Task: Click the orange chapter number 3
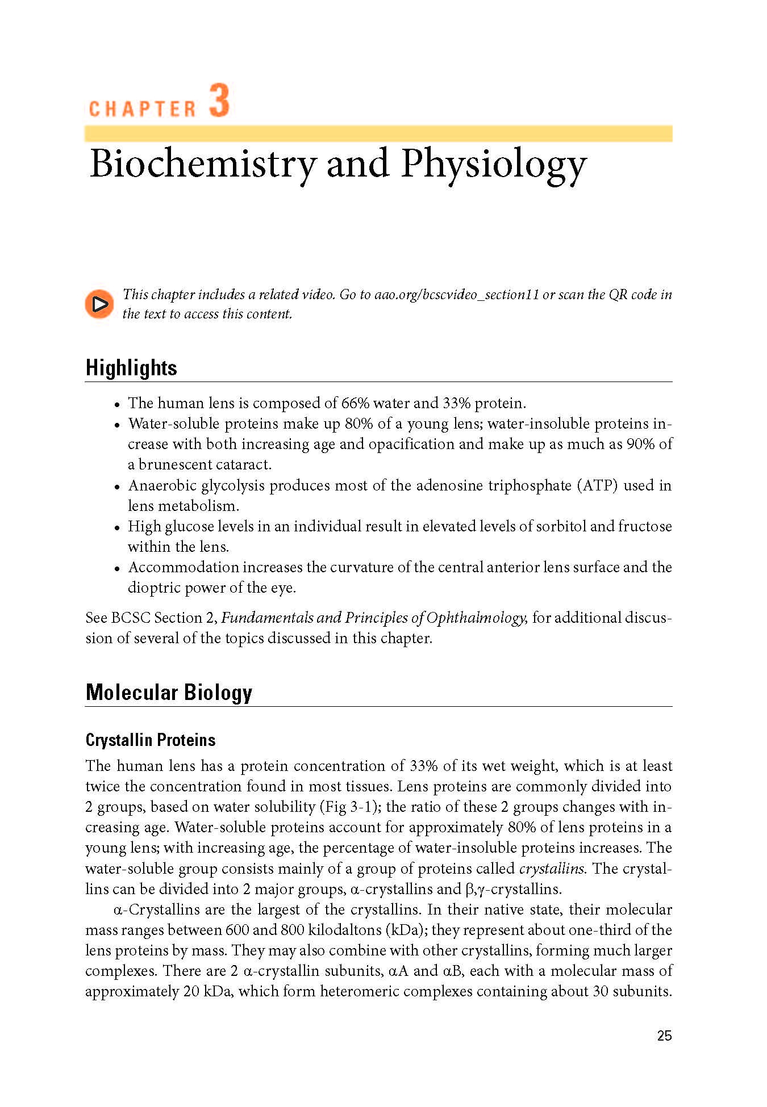click(x=219, y=100)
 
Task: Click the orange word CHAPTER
click(x=142, y=109)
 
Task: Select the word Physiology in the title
click(x=493, y=165)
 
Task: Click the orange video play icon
click(x=100, y=304)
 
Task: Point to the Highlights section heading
click(x=131, y=368)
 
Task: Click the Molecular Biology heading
click(x=169, y=693)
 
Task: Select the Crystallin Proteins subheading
click(x=151, y=740)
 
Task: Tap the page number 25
click(x=664, y=1036)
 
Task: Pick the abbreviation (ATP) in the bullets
click(x=597, y=485)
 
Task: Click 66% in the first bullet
click(x=355, y=403)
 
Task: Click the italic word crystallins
click(x=552, y=869)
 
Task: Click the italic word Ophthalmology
click(x=477, y=618)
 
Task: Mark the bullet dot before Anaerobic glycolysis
click(x=117, y=487)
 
